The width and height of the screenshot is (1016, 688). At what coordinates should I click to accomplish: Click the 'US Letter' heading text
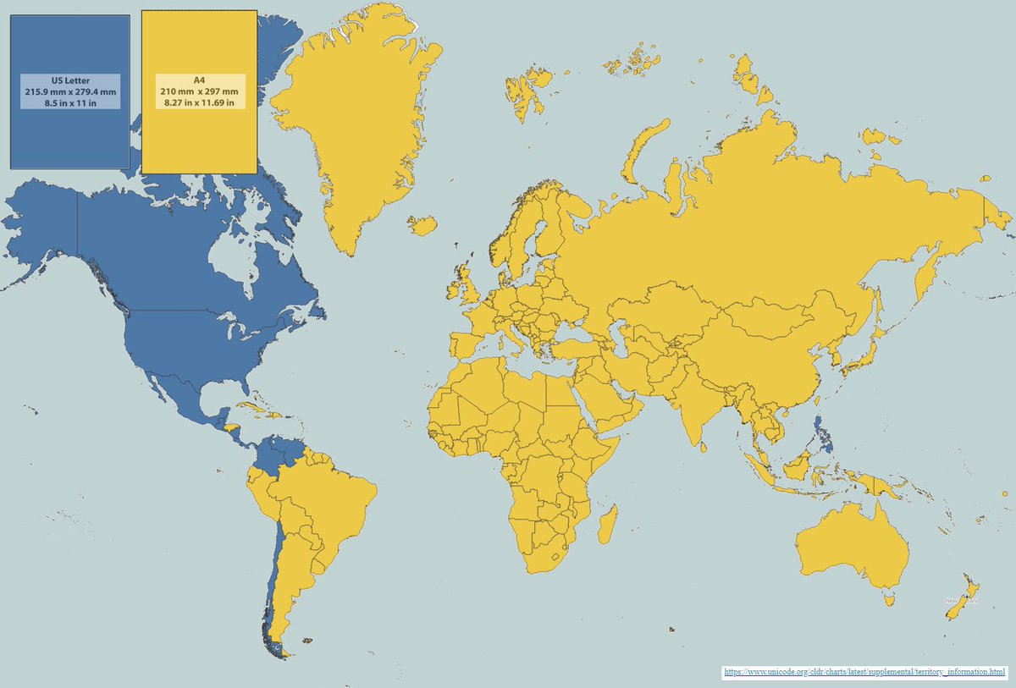(70, 80)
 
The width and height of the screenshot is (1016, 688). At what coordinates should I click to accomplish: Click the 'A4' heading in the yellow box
(199, 80)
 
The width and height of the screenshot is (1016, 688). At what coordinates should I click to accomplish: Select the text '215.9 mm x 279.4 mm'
(70, 91)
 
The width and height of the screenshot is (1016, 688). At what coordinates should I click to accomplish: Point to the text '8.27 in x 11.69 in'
(199, 102)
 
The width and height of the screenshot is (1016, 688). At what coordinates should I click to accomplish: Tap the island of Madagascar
(607, 525)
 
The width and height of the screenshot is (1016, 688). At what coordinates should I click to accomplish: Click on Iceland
(422, 225)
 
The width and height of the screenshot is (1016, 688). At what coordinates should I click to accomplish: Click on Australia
(851, 550)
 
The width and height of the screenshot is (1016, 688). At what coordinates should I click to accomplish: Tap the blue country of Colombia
(269, 457)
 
